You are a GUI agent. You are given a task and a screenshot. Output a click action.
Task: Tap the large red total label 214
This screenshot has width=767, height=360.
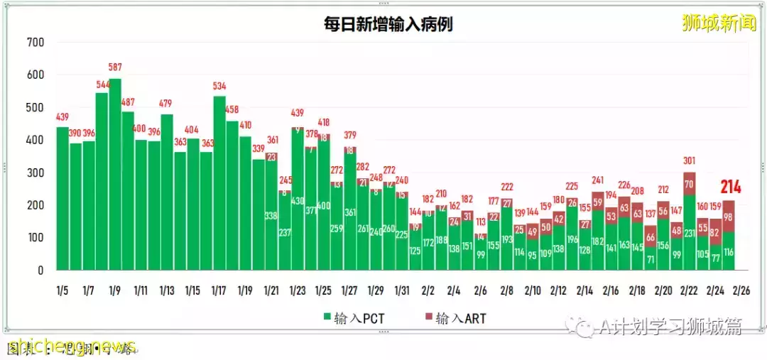pyautogui.click(x=731, y=187)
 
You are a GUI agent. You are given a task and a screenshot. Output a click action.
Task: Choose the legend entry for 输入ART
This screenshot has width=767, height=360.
pyautogui.click(x=454, y=318)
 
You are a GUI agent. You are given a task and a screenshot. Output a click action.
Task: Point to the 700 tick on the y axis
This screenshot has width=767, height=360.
pyautogui.click(x=36, y=43)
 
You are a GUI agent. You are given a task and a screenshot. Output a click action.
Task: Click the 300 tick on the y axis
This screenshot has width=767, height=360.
pyautogui.click(x=36, y=173)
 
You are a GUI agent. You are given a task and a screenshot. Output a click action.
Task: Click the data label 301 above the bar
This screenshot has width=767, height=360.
pyautogui.click(x=689, y=161)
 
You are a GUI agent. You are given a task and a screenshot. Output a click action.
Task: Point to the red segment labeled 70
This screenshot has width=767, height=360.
pyautogui.click(x=689, y=184)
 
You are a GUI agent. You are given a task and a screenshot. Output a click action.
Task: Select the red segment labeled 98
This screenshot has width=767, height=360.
pyautogui.click(x=729, y=217)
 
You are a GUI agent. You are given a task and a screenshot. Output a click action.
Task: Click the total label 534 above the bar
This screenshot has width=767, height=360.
pyautogui.click(x=219, y=87)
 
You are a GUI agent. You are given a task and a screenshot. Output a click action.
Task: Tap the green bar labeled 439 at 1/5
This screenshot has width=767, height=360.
pyautogui.click(x=62, y=199)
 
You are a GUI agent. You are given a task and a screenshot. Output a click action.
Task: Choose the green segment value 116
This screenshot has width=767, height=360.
pyautogui.click(x=729, y=252)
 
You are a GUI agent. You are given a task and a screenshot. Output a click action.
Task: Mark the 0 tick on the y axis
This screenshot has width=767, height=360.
pyautogui.click(x=41, y=271)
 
